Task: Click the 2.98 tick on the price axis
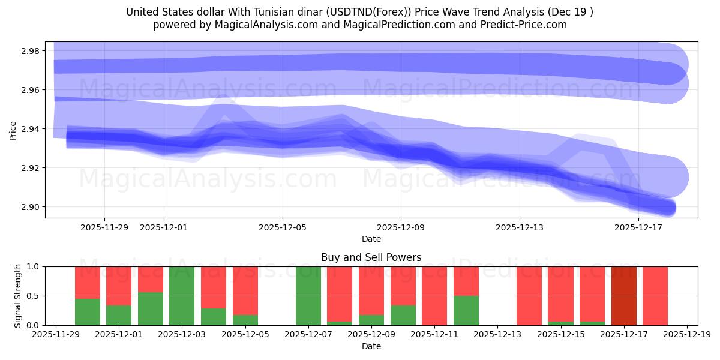pyautogui.click(x=29, y=51)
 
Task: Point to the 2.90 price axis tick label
pyautogui.click(x=29, y=207)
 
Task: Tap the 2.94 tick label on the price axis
pyautogui.click(x=29, y=129)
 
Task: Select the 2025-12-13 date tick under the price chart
pyautogui.click(x=519, y=227)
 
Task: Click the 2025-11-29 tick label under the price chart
pyautogui.click(x=104, y=227)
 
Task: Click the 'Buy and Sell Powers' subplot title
pyautogui.click(x=371, y=257)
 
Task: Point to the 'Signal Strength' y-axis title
pyautogui.click(x=17, y=296)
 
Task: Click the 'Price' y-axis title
pyautogui.click(x=13, y=130)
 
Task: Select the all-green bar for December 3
pyautogui.click(x=182, y=296)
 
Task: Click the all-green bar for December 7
pyautogui.click(x=308, y=296)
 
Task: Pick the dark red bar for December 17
pyautogui.click(x=623, y=296)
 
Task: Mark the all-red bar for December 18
pyautogui.click(x=655, y=296)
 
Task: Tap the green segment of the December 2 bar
pyautogui.click(x=150, y=309)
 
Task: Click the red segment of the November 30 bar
pyautogui.click(x=87, y=282)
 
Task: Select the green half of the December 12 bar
pyautogui.click(x=466, y=311)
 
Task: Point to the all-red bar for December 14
pyautogui.click(x=529, y=296)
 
